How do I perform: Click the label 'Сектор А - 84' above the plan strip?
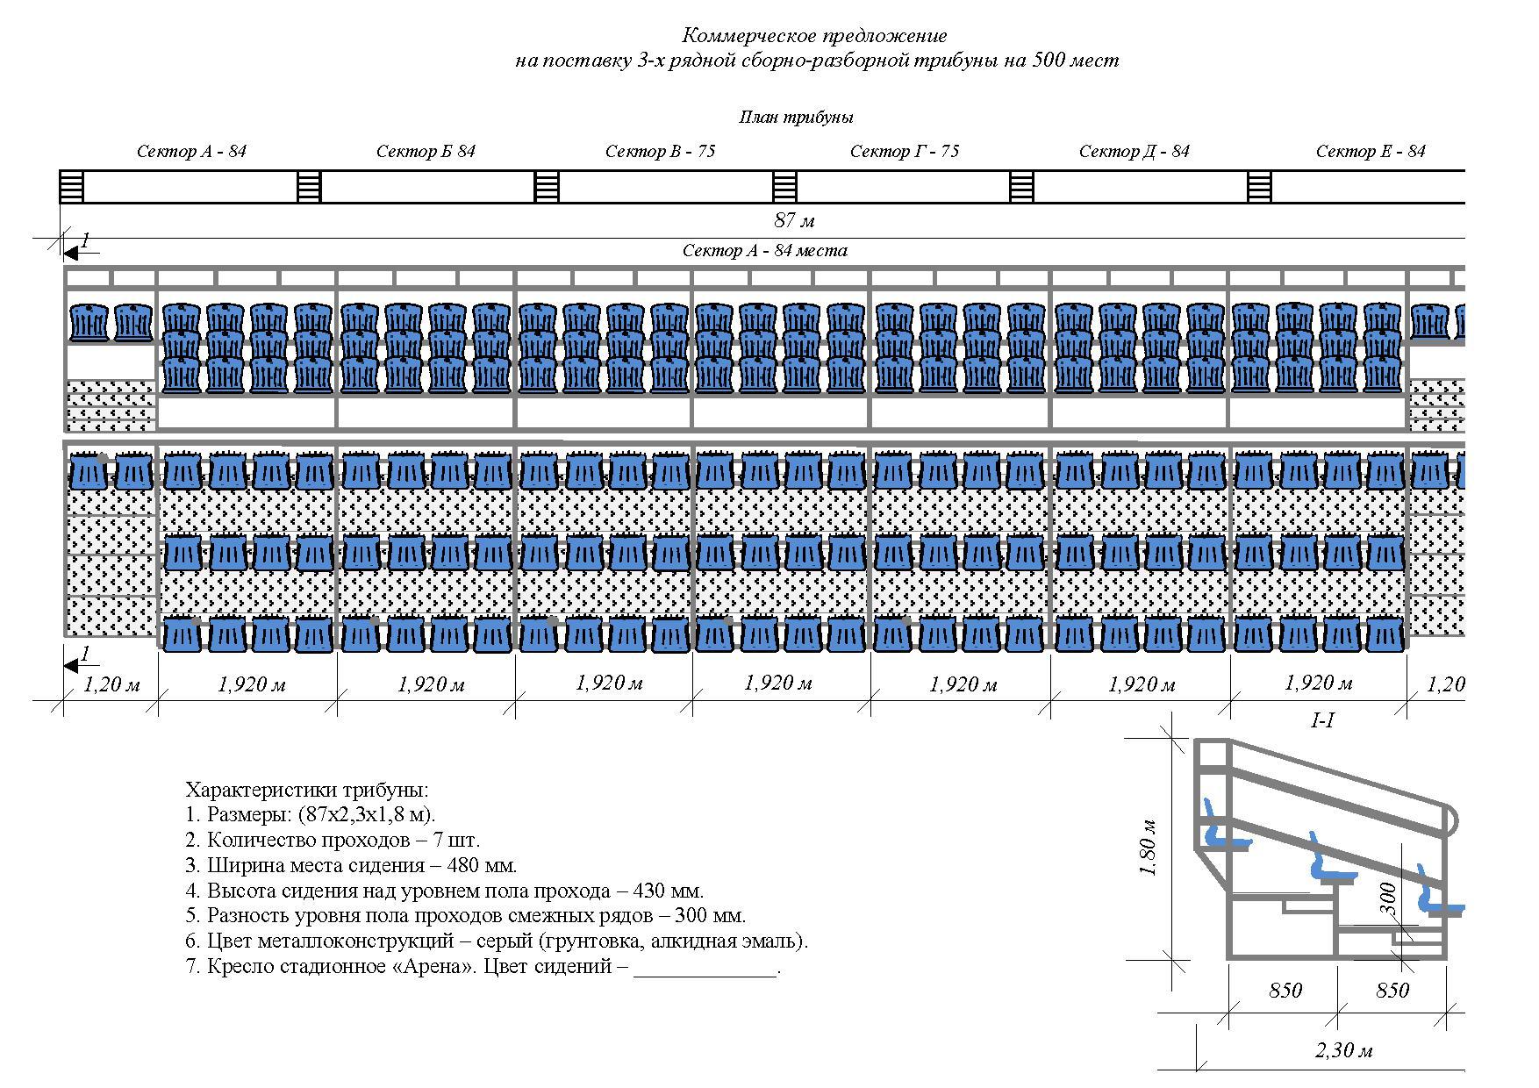point(191,152)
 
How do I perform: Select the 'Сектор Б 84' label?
point(426,152)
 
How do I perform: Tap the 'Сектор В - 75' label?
point(660,152)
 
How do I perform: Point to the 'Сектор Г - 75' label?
point(905,152)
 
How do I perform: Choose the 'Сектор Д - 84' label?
point(1134,152)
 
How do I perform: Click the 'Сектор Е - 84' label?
point(1371,152)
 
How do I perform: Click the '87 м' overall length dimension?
point(794,220)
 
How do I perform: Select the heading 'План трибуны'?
point(796,118)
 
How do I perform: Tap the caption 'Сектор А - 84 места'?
point(765,251)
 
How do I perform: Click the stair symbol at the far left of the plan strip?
point(72,187)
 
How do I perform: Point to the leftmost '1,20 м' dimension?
point(111,684)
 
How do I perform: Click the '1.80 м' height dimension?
point(1149,848)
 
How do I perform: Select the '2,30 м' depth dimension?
point(1343,1050)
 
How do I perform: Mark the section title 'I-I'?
point(1322,721)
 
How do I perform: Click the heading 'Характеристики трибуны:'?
point(307,789)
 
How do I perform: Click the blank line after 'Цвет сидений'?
point(705,969)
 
